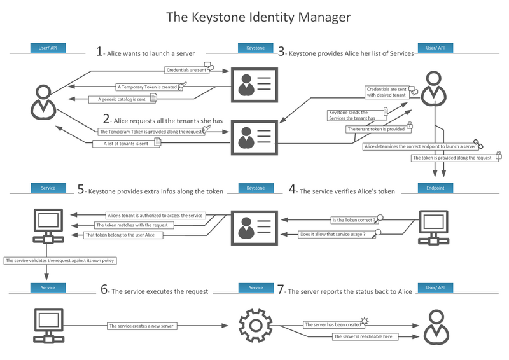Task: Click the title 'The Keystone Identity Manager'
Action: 258,17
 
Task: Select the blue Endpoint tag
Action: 435,188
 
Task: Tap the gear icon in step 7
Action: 255,325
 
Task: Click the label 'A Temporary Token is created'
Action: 147,87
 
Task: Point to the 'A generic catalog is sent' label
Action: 122,99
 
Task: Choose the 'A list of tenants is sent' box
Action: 125,144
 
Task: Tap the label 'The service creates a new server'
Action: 141,326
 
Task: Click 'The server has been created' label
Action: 331,324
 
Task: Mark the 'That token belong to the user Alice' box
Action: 123,235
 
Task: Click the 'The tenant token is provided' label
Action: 375,129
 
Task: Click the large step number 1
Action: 99,52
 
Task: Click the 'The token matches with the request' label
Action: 130,225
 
